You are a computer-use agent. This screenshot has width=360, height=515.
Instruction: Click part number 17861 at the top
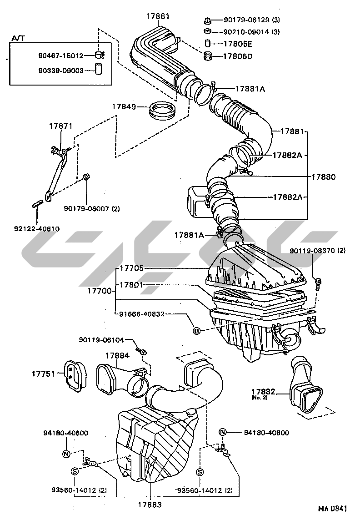click(x=157, y=16)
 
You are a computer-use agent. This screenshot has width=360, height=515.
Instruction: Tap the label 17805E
click(x=237, y=44)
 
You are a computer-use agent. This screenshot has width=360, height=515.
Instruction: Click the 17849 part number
click(x=124, y=107)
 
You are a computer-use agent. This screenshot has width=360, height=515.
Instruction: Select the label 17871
click(x=61, y=126)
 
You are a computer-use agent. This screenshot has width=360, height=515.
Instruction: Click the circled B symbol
click(x=196, y=331)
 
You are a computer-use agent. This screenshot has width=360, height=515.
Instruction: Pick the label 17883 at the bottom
click(x=150, y=505)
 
